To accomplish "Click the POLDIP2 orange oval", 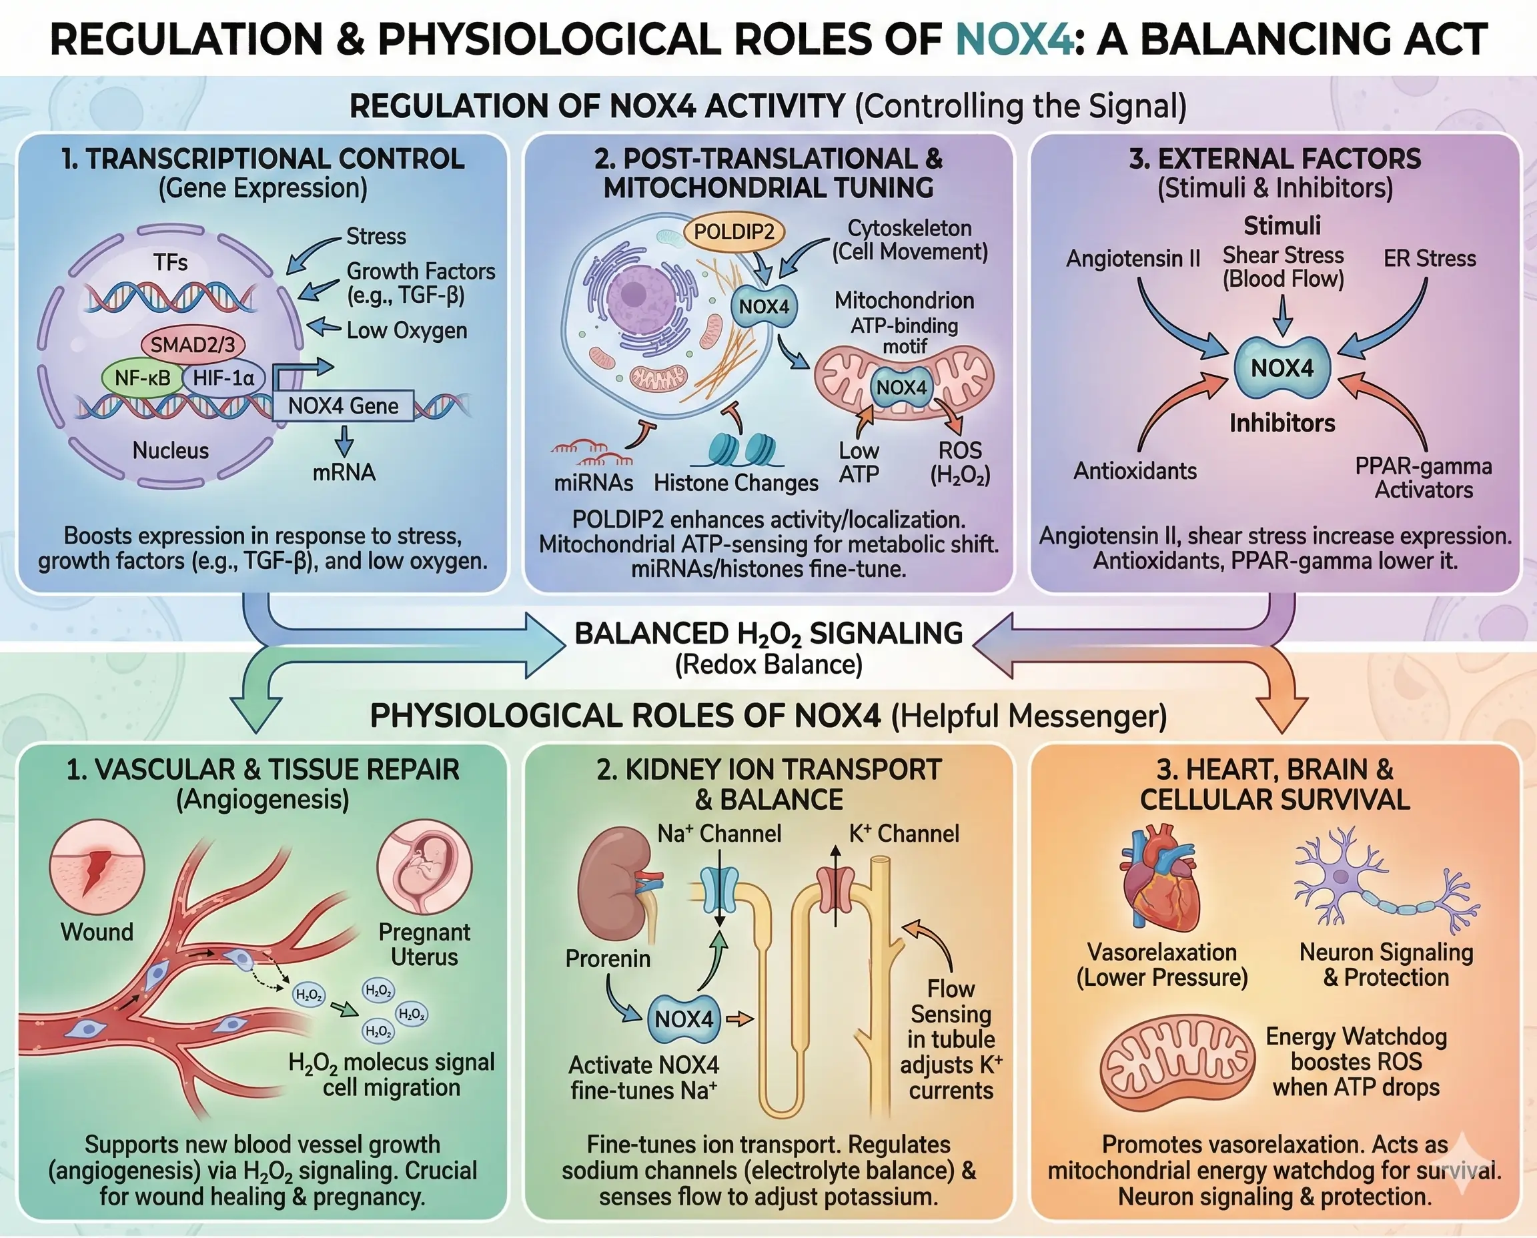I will tap(733, 231).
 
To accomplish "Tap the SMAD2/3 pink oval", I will tap(193, 345).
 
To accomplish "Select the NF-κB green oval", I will tap(143, 378).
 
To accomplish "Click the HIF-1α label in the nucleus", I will tap(223, 378).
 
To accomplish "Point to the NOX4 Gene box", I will tap(343, 406).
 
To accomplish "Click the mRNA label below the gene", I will tap(344, 472).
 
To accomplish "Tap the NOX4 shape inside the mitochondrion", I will tap(901, 388).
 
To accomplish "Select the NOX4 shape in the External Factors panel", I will tap(1282, 368).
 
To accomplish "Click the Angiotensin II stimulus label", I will tap(1133, 258).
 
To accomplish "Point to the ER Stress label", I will tap(1430, 258).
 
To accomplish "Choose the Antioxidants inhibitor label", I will tap(1135, 471).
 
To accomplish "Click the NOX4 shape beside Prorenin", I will tap(683, 1019).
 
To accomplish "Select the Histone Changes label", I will tap(735, 483).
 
